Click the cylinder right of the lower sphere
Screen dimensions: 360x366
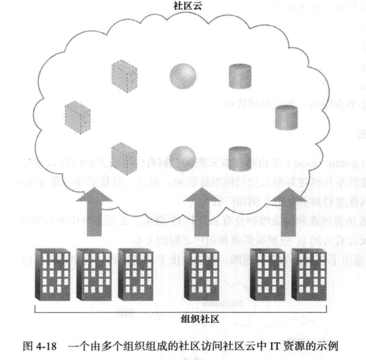click(239, 155)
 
